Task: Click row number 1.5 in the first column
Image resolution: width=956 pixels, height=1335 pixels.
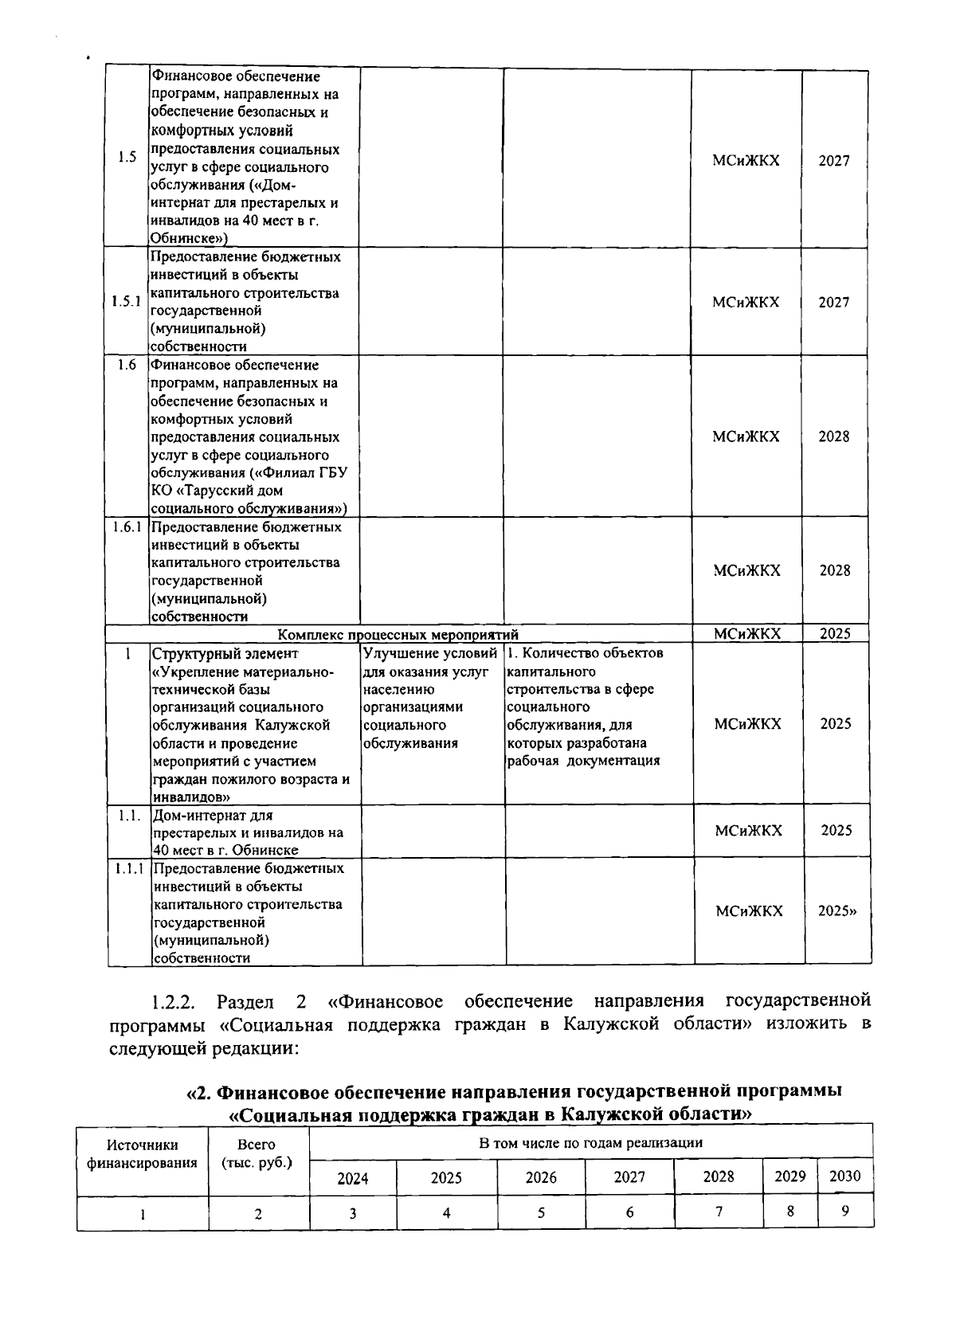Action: click(x=127, y=156)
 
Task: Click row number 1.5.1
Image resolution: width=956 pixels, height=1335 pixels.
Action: click(x=127, y=302)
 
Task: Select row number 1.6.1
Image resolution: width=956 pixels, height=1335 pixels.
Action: click(x=127, y=527)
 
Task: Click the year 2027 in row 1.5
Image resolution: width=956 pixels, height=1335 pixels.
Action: click(x=834, y=160)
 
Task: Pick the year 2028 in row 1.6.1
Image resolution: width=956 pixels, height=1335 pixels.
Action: click(x=834, y=570)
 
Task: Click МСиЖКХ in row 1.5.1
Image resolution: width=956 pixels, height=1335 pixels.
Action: click(x=746, y=302)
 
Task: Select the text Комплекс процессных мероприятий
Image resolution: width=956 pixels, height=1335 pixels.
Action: click(x=398, y=635)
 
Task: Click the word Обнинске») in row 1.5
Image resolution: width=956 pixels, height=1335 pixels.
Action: click(x=190, y=238)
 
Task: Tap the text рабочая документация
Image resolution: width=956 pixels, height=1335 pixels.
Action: click(x=583, y=761)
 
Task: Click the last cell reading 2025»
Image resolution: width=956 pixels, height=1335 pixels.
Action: click(x=837, y=910)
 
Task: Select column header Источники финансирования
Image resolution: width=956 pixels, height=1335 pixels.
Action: click(x=142, y=1153)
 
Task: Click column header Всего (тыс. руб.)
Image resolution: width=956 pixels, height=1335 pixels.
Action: click(x=257, y=1153)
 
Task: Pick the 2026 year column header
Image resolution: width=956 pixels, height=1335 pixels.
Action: click(x=541, y=1177)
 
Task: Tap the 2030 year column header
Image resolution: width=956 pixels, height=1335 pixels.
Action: click(x=844, y=1176)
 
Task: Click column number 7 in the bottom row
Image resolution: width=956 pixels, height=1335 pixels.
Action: click(x=719, y=1212)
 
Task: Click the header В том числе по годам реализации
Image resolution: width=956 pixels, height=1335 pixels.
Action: click(x=590, y=1142)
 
